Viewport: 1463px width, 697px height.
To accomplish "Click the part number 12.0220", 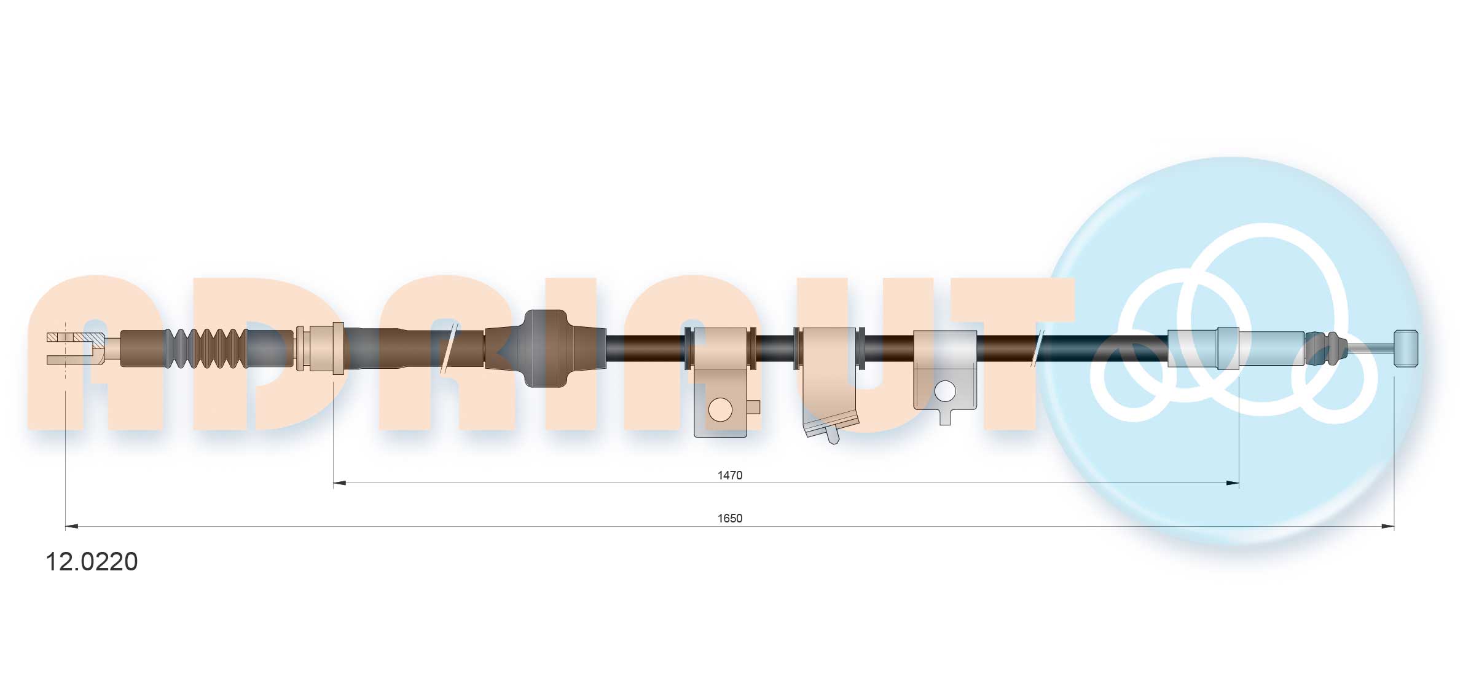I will click(92, 562).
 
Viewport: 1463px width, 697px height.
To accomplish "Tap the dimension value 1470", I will click(729, 475).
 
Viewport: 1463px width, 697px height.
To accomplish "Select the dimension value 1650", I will click(729, 518).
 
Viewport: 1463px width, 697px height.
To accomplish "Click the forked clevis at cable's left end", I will click(71, 348).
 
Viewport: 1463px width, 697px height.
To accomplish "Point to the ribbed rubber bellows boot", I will click(206, 348).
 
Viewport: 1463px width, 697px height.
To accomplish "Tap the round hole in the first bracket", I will click(720, 409).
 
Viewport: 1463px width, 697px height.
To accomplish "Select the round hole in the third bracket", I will click(944, 392).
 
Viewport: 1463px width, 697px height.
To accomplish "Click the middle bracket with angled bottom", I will click(830, 381).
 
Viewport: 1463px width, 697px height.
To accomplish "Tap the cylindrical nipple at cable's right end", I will click(1406, 348).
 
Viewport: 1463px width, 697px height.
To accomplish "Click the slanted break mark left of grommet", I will click(449, 348).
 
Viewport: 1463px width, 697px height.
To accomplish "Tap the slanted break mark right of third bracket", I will click(1038, 348).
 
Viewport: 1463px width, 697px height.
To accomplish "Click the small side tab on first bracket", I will click(753, 406).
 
